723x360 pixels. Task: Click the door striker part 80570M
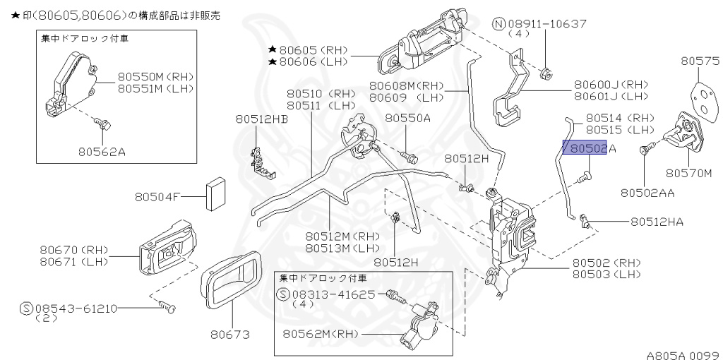(x=681, y=133)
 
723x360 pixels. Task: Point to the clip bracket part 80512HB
(x=262, y=161)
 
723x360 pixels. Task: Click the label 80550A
(x=407, y=118)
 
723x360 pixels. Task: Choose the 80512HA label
(x=657, y=222)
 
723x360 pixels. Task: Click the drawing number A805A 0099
(x=681, y=354)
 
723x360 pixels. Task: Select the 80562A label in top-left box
(x=102, y=150)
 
